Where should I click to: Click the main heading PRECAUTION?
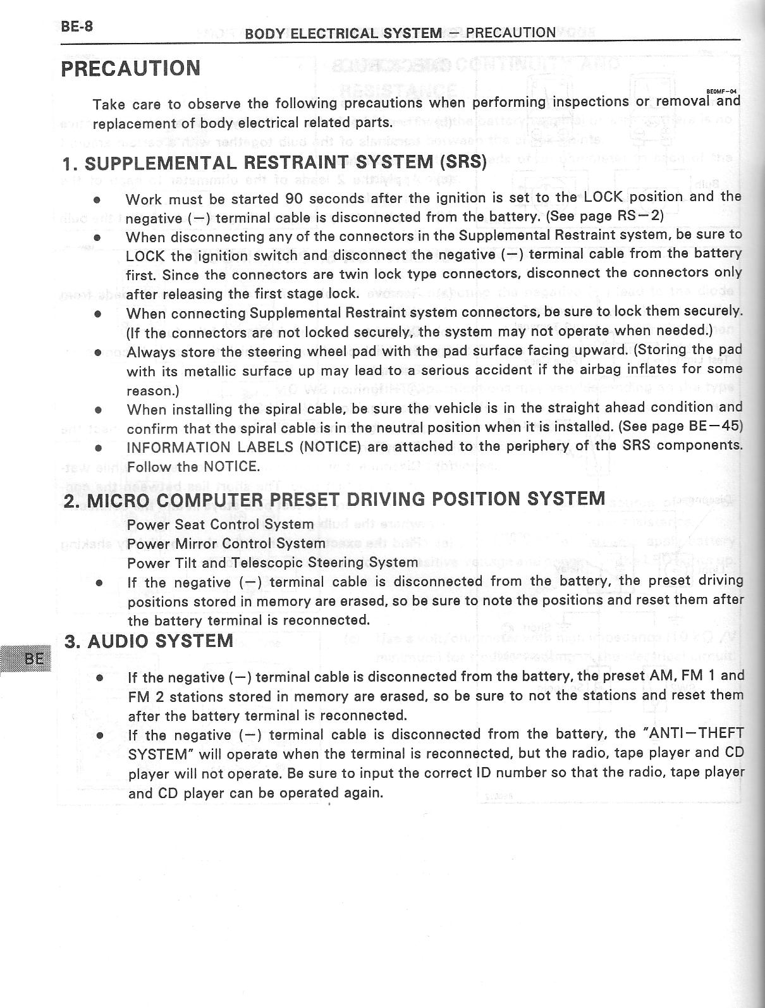(130, 68)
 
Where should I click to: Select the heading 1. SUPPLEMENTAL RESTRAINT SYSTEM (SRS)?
(275, 163)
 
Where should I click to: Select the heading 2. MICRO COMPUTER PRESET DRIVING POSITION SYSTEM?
(334, 499)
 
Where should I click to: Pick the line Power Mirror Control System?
(226, 543)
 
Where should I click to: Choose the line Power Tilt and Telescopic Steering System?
(272, 562)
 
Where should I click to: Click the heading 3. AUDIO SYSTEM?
(149, 641)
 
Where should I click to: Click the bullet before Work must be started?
(97, 199)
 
